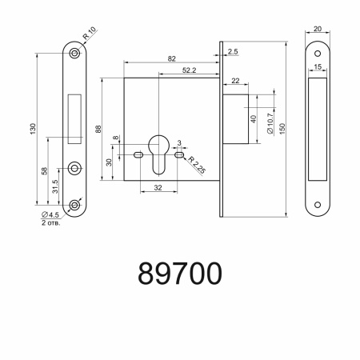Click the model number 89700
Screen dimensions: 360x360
tap(180, 273)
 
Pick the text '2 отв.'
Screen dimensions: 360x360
tap(50, 224)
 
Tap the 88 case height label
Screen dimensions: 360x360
tap(99, 130)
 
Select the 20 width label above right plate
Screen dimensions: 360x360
tap(318, 30)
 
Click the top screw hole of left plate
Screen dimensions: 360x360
tap(74, 52)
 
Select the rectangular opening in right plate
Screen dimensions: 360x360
tap(318, 126)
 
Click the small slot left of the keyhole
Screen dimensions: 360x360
tap(139, 153)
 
